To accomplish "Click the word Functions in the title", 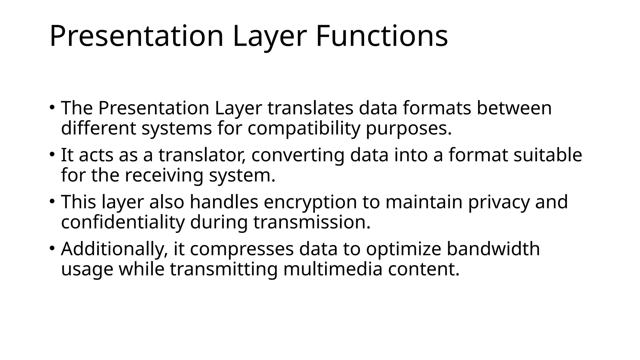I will (x=382, y=36).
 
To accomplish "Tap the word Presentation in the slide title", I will (x=137, y=36).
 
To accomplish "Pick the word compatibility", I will (x=304, y=128).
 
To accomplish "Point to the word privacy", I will (x=499, y=202).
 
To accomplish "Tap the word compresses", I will (x=242, y=249).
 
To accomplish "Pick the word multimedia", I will (x=332, y=269).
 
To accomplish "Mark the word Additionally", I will (x=114, y=249).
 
